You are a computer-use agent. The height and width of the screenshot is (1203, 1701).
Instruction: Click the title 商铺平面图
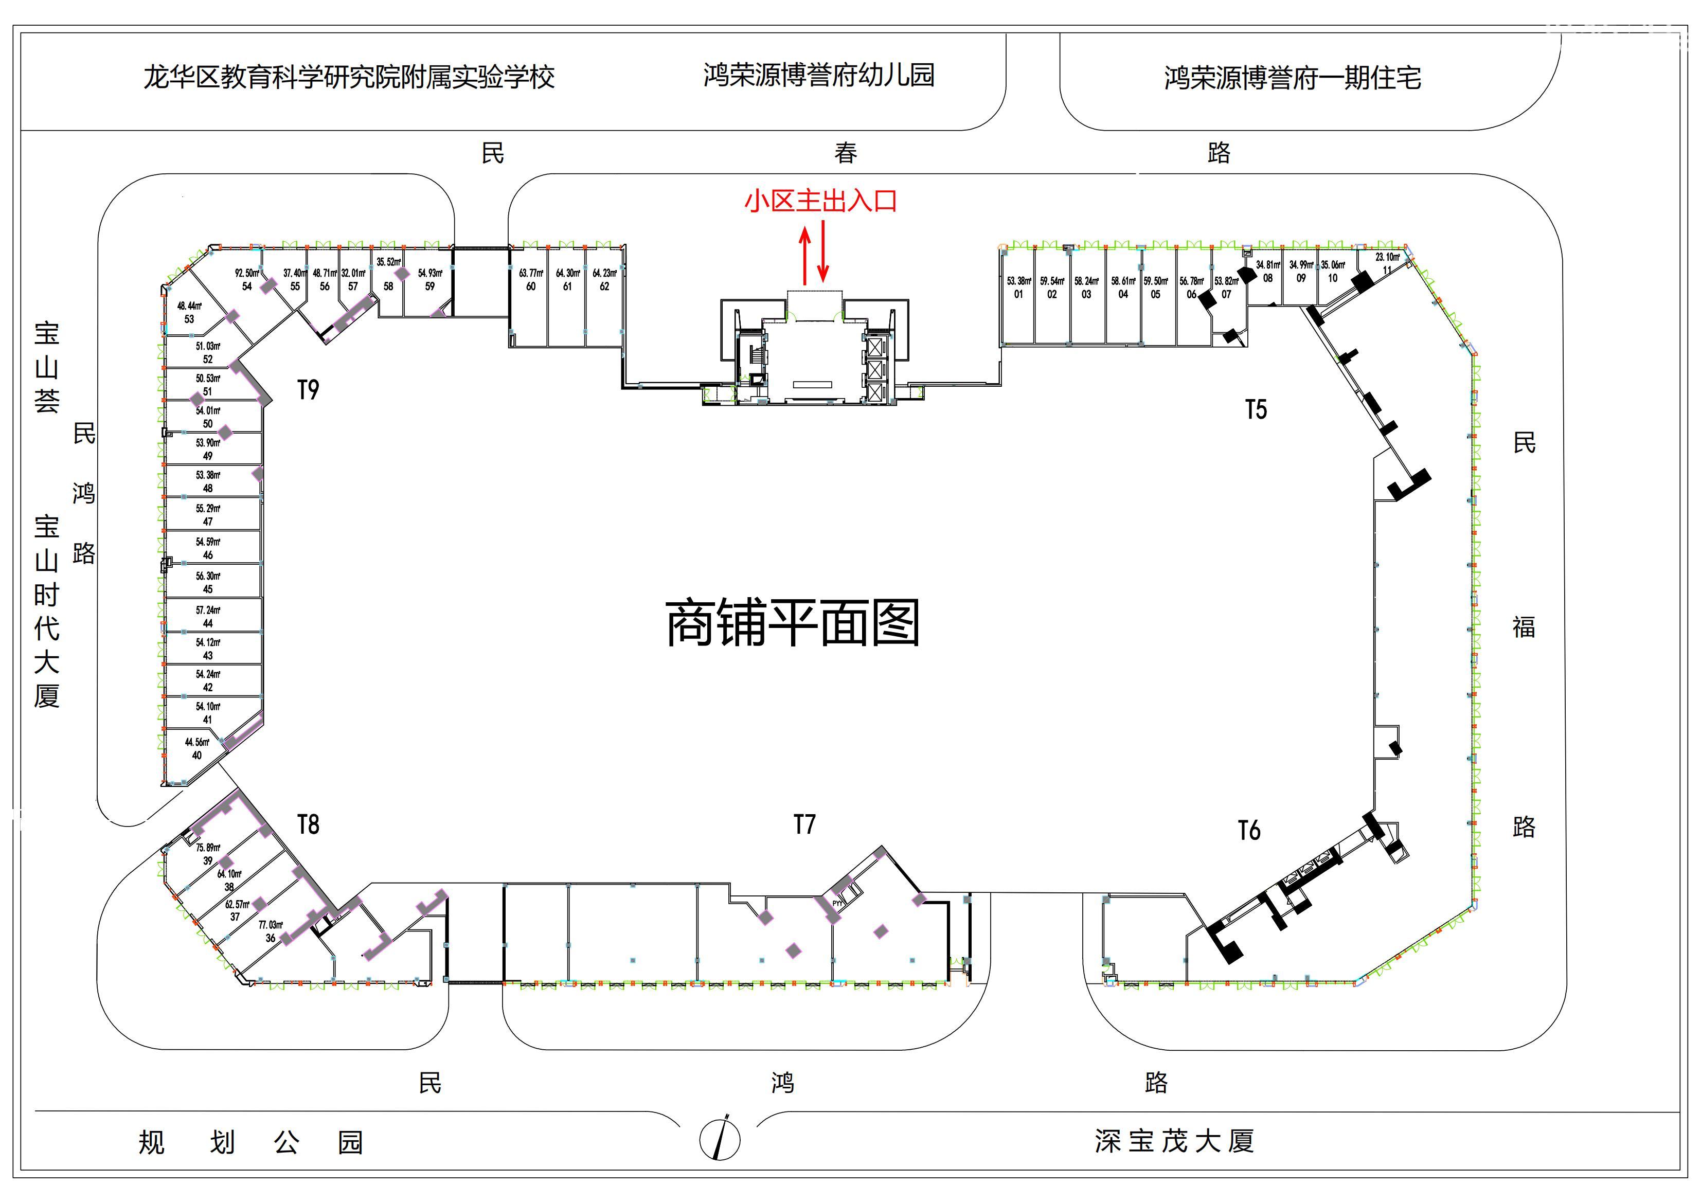click(793, 624)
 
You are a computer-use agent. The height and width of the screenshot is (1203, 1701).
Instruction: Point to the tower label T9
click(308, 390)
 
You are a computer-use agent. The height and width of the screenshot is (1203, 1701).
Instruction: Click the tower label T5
click(1256, 409)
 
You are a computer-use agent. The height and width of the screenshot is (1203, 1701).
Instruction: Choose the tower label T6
click(1249, 831)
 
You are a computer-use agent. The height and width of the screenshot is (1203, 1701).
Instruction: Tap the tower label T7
click(804, 824)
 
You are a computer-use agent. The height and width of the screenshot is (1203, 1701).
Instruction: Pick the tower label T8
click(308, 824)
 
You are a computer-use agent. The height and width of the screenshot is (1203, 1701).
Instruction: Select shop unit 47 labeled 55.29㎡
click(208, 515)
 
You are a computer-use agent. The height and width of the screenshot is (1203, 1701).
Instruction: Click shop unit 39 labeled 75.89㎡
click(208, 854)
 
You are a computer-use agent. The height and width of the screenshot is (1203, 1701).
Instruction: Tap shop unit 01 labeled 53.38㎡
click(1018, 288)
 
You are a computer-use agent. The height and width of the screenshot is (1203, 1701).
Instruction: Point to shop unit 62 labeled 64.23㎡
click(604, 280)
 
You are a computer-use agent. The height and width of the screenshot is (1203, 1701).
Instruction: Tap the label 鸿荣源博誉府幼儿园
click(819, 75)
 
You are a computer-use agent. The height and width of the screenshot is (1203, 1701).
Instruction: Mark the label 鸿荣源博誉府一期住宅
click(1292, 77)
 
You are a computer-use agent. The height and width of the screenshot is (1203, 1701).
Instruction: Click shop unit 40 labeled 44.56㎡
click(197, 749)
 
